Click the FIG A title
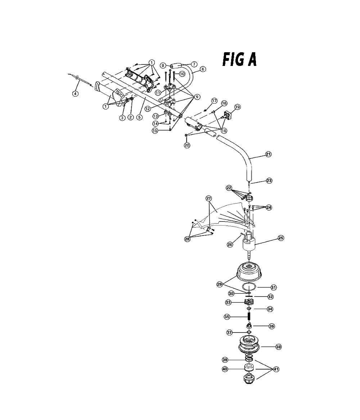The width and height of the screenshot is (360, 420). [239, 59]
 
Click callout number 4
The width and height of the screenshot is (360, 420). [76, 94]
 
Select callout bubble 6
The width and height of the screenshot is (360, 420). [203, 69]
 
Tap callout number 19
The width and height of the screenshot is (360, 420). [237, 107]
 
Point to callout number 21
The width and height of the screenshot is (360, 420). [268, 154]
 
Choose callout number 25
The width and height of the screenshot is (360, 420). [281, 238]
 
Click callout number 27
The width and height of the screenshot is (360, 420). [208, 198]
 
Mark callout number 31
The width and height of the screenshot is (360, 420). [273, 287]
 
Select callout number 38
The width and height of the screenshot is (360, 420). [278, 347]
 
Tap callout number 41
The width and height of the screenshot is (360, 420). [276, 369]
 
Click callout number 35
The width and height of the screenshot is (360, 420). [227, 317]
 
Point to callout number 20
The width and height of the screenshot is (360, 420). [187, 145]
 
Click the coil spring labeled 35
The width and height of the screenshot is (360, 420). [249, 317]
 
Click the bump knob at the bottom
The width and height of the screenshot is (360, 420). [247, 379]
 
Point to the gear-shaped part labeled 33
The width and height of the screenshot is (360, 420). [249, 303]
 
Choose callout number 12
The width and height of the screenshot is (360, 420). [148, 109]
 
